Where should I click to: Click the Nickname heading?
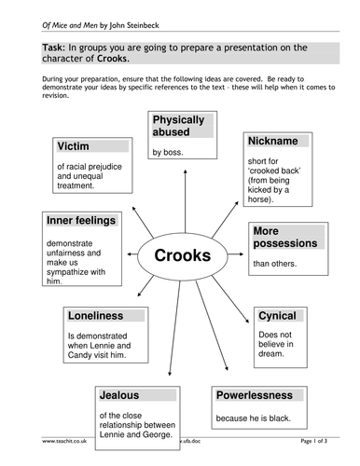click(272, 140)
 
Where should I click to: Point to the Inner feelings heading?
click(82, 220)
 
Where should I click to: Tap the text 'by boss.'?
click(169, 151)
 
